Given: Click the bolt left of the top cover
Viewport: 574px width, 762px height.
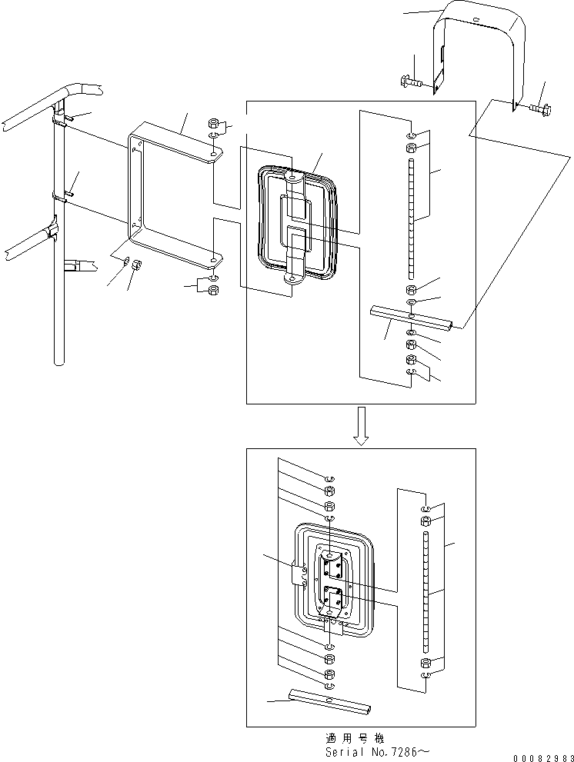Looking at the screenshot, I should (411, 79).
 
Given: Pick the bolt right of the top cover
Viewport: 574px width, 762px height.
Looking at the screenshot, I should (538, 111).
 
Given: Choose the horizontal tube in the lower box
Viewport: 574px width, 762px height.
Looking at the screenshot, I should (331, 700).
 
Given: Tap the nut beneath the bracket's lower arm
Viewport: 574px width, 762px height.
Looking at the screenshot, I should (215, 289).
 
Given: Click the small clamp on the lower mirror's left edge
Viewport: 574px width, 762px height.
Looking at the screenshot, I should (299, 574).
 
